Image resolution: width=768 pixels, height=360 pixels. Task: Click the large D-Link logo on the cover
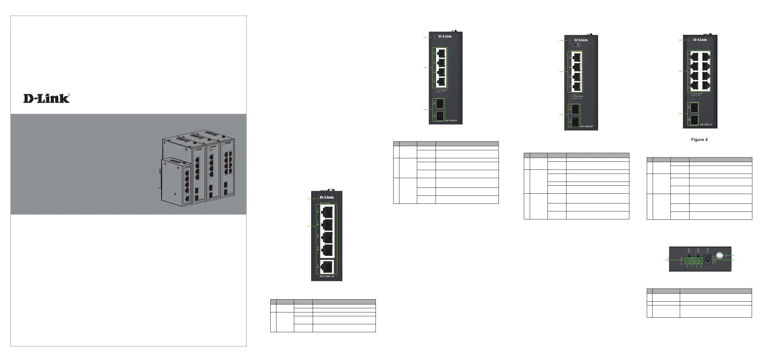tap(47, 99)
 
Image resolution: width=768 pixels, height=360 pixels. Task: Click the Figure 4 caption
tap(699, 140)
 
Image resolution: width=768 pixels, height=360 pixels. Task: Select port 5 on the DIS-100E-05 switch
tap(327, 267)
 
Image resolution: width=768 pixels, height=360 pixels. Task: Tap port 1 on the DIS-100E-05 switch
tap(327, 212)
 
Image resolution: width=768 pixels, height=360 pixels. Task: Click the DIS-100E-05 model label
tap(327, 276)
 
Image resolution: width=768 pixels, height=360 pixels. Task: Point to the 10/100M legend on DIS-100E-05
tap(326, 203)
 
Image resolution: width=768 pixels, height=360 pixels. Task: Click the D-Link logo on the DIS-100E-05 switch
tap(327, 198)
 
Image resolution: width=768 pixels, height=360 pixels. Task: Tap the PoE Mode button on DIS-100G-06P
tap(577, 45)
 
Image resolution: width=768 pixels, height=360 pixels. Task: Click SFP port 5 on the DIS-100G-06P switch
tap(575, 110)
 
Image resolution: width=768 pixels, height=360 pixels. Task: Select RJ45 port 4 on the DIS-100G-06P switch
tap(577, 86)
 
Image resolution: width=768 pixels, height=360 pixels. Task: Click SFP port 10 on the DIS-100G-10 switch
tap(695, 120)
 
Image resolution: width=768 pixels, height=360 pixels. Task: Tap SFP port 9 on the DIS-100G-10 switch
tap(695, 108)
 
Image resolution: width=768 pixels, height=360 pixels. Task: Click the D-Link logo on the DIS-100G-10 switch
tap(700, 40)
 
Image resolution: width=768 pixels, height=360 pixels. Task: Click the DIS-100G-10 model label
tap(706, 124)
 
